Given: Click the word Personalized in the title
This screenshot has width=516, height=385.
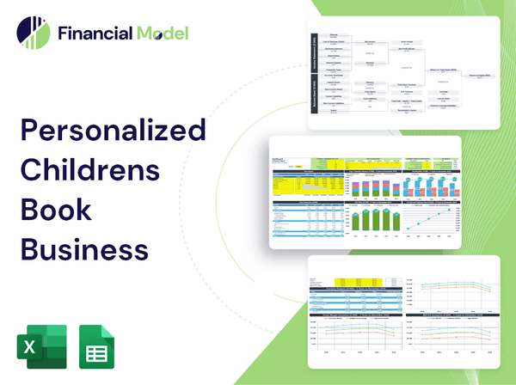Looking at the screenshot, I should point(113,131).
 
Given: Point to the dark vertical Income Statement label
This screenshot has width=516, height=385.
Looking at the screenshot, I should point(313,53).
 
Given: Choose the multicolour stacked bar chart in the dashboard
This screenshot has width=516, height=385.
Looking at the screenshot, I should point(302,184).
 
